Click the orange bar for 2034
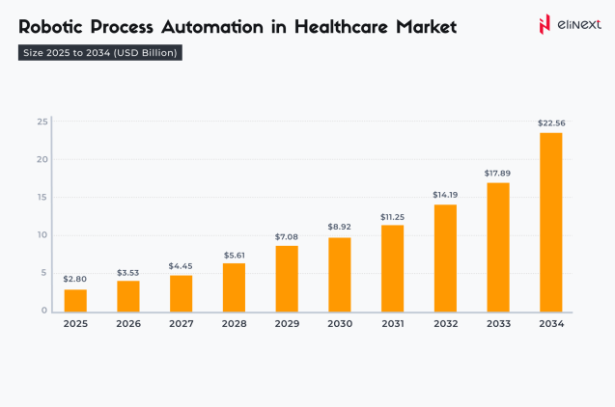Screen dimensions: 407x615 click(550, 222)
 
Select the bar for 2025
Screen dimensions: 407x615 click(75, 300)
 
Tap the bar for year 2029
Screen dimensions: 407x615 click(287, 279)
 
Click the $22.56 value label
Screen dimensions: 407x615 click(550, 122)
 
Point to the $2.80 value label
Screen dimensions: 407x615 click(75, 279)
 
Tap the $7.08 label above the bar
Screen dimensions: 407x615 click(287, 236)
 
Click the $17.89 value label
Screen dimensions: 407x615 click(497, 174)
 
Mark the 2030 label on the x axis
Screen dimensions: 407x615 click(339, 324)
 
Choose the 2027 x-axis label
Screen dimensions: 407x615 click(181, 324)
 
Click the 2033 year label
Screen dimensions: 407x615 click(497, 324)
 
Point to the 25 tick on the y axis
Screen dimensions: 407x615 click(42, 122)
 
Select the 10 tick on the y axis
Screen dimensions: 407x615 click(42, 235)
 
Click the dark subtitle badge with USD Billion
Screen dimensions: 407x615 click(100, 53)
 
